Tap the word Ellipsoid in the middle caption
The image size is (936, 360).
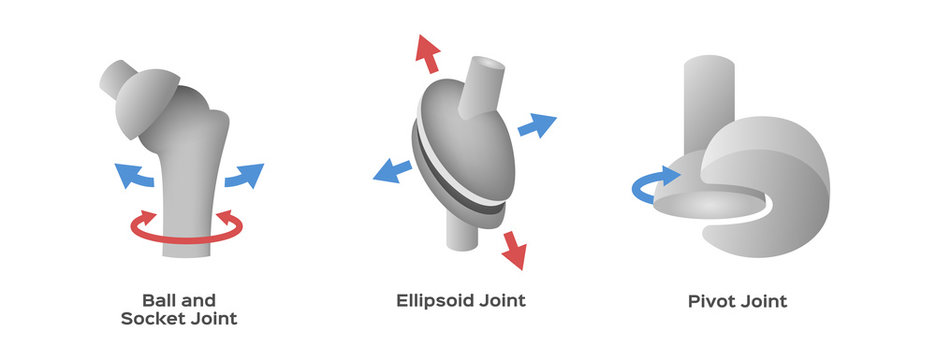[x=433, y=300]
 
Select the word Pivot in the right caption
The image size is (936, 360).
[x=712, y=300]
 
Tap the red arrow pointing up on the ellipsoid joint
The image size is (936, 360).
[x=428, y=52]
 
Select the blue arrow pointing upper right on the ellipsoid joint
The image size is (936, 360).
[x=537, y=125]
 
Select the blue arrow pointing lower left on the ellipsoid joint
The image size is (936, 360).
[x=391, y=169]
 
